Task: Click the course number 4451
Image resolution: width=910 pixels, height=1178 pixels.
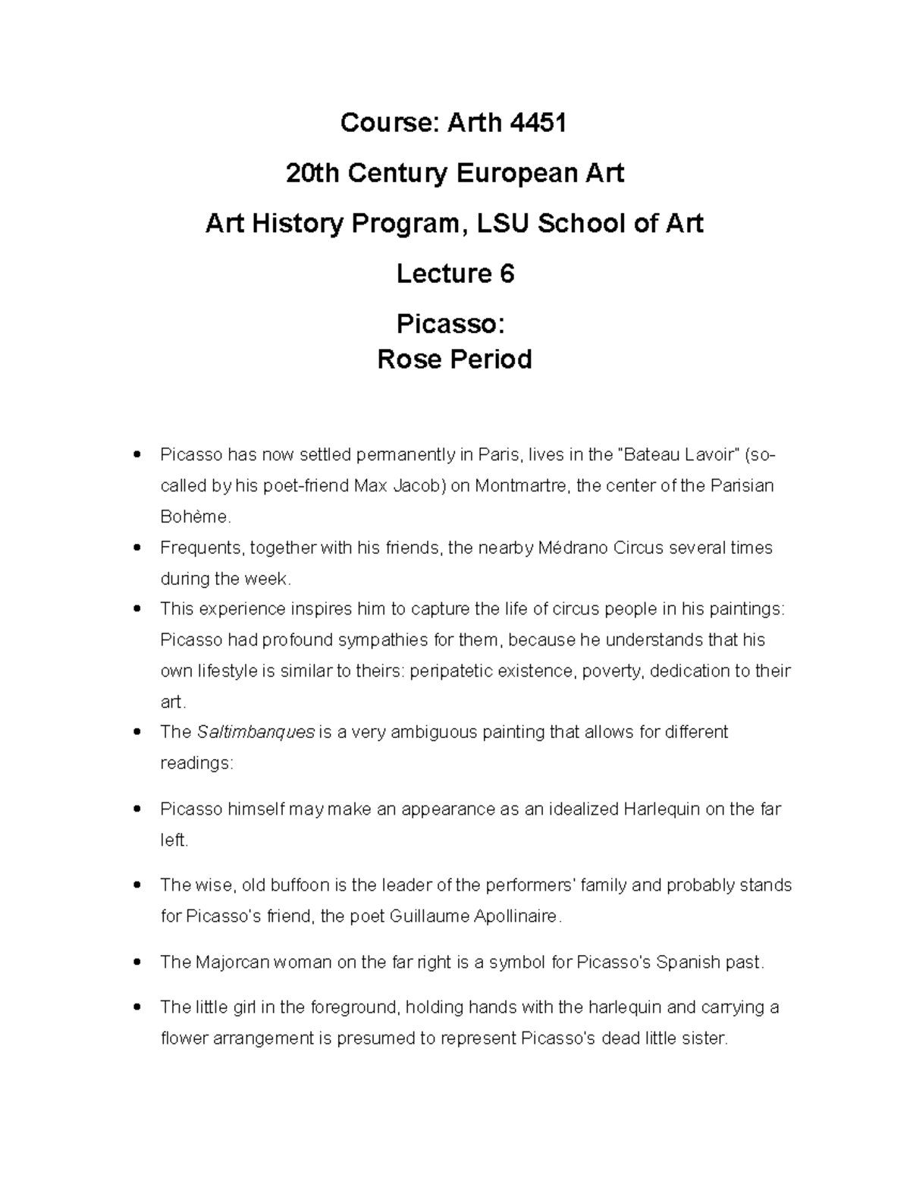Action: tap(538, 122)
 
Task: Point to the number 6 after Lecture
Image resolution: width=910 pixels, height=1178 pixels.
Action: tap(507, 274)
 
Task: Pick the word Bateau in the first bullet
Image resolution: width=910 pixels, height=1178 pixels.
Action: tap(654, 455)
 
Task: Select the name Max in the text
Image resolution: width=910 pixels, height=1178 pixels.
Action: tap(371, 485)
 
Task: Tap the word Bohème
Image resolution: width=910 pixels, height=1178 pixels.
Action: tap(194, 517)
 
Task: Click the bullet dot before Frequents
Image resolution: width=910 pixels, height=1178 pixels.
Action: tap(136, 547)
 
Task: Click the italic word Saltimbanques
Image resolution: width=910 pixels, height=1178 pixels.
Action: tap(256, 733)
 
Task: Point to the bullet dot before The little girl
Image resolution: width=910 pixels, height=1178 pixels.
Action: tap(136, 1008)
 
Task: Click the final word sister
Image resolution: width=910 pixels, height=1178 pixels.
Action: tap(704, 1038)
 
